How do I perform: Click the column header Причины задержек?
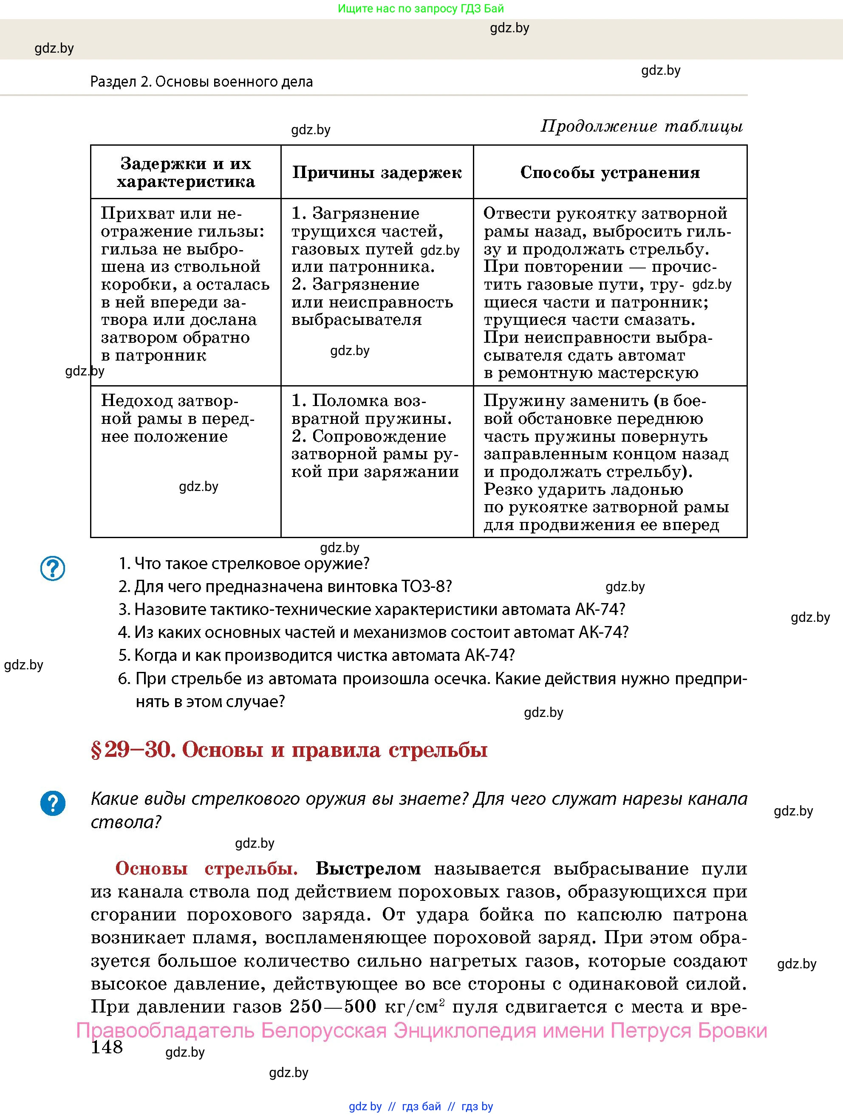coord(377,173)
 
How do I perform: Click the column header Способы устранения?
coord(610,173)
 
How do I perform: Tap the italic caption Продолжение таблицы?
coord(642,126)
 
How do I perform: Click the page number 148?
coord(107,1047)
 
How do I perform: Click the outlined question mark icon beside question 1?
coord(53,569)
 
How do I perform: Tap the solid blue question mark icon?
coord(53,803)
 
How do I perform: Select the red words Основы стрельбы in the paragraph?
coord(206,869)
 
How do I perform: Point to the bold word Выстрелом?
coord(368,869)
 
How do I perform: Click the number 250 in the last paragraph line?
coord(306,1007)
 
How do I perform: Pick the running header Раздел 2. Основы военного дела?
coord(201,82)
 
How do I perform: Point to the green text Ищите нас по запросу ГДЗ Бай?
coord(421,8)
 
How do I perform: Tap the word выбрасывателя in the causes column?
coord(356,320)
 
